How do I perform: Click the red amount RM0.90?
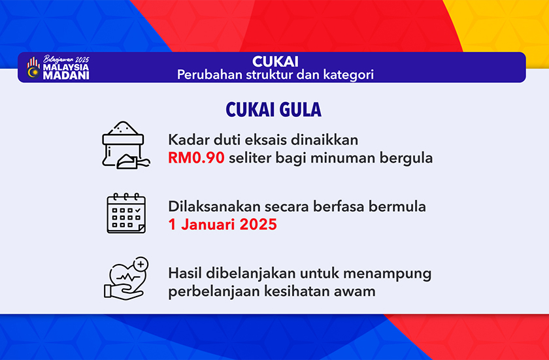click(x=196, y=158)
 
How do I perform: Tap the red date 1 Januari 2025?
click(x=222, y=225)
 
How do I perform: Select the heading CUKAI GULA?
click(x=273, y=110)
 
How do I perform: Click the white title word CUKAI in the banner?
click(x=275, y=62)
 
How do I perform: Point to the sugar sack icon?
click(x=125, y=145)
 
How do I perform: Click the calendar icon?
click(x=126, y=213)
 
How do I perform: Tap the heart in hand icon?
click(x=126, y=278)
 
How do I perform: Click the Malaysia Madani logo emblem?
click(x=33, y=68)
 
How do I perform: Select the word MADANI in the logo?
click(x=66, y=76)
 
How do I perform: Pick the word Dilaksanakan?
click(x=214, y=206)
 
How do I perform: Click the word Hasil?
click(x=185, y=273)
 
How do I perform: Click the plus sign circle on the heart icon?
click(x=141, y=264)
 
